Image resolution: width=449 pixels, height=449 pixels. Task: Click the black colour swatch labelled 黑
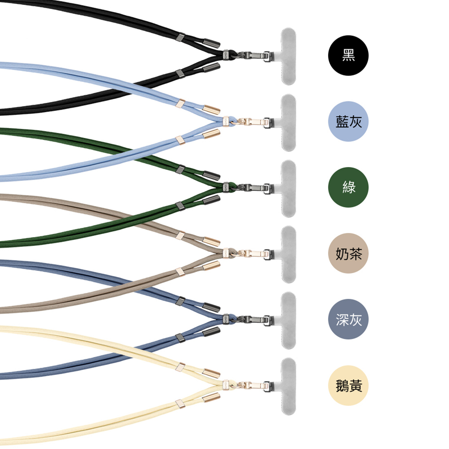pos(348,56)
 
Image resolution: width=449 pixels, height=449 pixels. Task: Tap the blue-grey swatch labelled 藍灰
pos(348,122)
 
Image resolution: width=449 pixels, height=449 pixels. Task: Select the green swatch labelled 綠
pos(348,188)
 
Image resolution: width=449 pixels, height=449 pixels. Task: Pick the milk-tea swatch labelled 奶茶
pos(348,254)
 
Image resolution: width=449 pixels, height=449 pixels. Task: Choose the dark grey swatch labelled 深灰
pos(348,320)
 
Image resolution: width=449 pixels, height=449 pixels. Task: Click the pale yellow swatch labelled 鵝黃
pos(348,386)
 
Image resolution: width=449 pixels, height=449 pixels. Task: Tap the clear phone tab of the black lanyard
pos(289,56)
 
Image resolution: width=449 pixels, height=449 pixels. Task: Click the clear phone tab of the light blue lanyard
pos(289,122)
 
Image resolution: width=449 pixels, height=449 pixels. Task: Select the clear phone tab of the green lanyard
pos(289,188)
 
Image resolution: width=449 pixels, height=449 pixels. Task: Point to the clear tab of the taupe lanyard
pos(289,254)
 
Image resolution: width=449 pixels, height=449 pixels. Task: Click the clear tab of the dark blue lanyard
pos(289,320)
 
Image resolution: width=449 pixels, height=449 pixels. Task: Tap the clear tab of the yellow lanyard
pos(289,386)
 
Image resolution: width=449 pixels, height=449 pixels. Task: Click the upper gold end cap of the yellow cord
pos(213,372)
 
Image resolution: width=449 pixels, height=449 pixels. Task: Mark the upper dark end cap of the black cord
pos(213,43)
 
